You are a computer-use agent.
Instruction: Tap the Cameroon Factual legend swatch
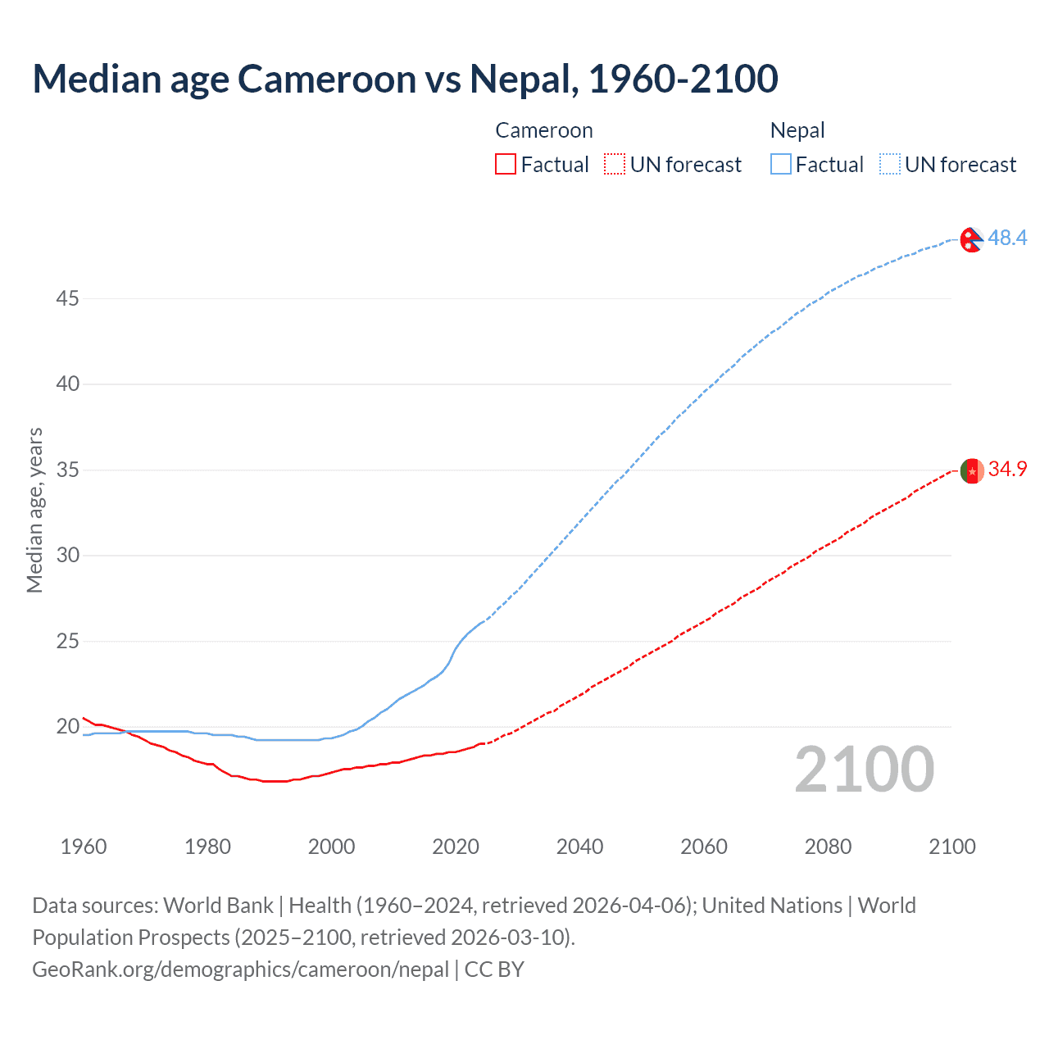click(506, 165)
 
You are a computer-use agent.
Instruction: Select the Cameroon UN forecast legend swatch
click(615, 165)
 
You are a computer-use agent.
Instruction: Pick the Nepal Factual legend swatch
click(780, 165)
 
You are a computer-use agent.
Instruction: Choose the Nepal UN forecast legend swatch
click(889, 165)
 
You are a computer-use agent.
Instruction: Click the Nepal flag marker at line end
click(971, 239)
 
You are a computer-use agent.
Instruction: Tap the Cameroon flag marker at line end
click(971, 471)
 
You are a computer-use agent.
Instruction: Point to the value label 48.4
click(1007, 238)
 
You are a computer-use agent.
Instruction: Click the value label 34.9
click(1007, 469)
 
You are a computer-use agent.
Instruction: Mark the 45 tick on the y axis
click(67, 298)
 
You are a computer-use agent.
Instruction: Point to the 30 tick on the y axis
click(67, 555)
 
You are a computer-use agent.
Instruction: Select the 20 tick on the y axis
click(67, 726)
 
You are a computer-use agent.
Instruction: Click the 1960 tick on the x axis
click(84, 847)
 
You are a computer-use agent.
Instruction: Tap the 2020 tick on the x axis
click(456, 847)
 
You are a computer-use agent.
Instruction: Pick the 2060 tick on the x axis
click(704, 847)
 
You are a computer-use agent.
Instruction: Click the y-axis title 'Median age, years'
click(34, 510)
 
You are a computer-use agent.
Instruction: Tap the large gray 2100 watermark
click(864, 769)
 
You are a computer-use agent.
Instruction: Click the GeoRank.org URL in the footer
click(240, 970)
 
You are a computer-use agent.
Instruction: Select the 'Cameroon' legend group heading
click(543, 130)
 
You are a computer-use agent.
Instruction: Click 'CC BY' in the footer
click(494, 970)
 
